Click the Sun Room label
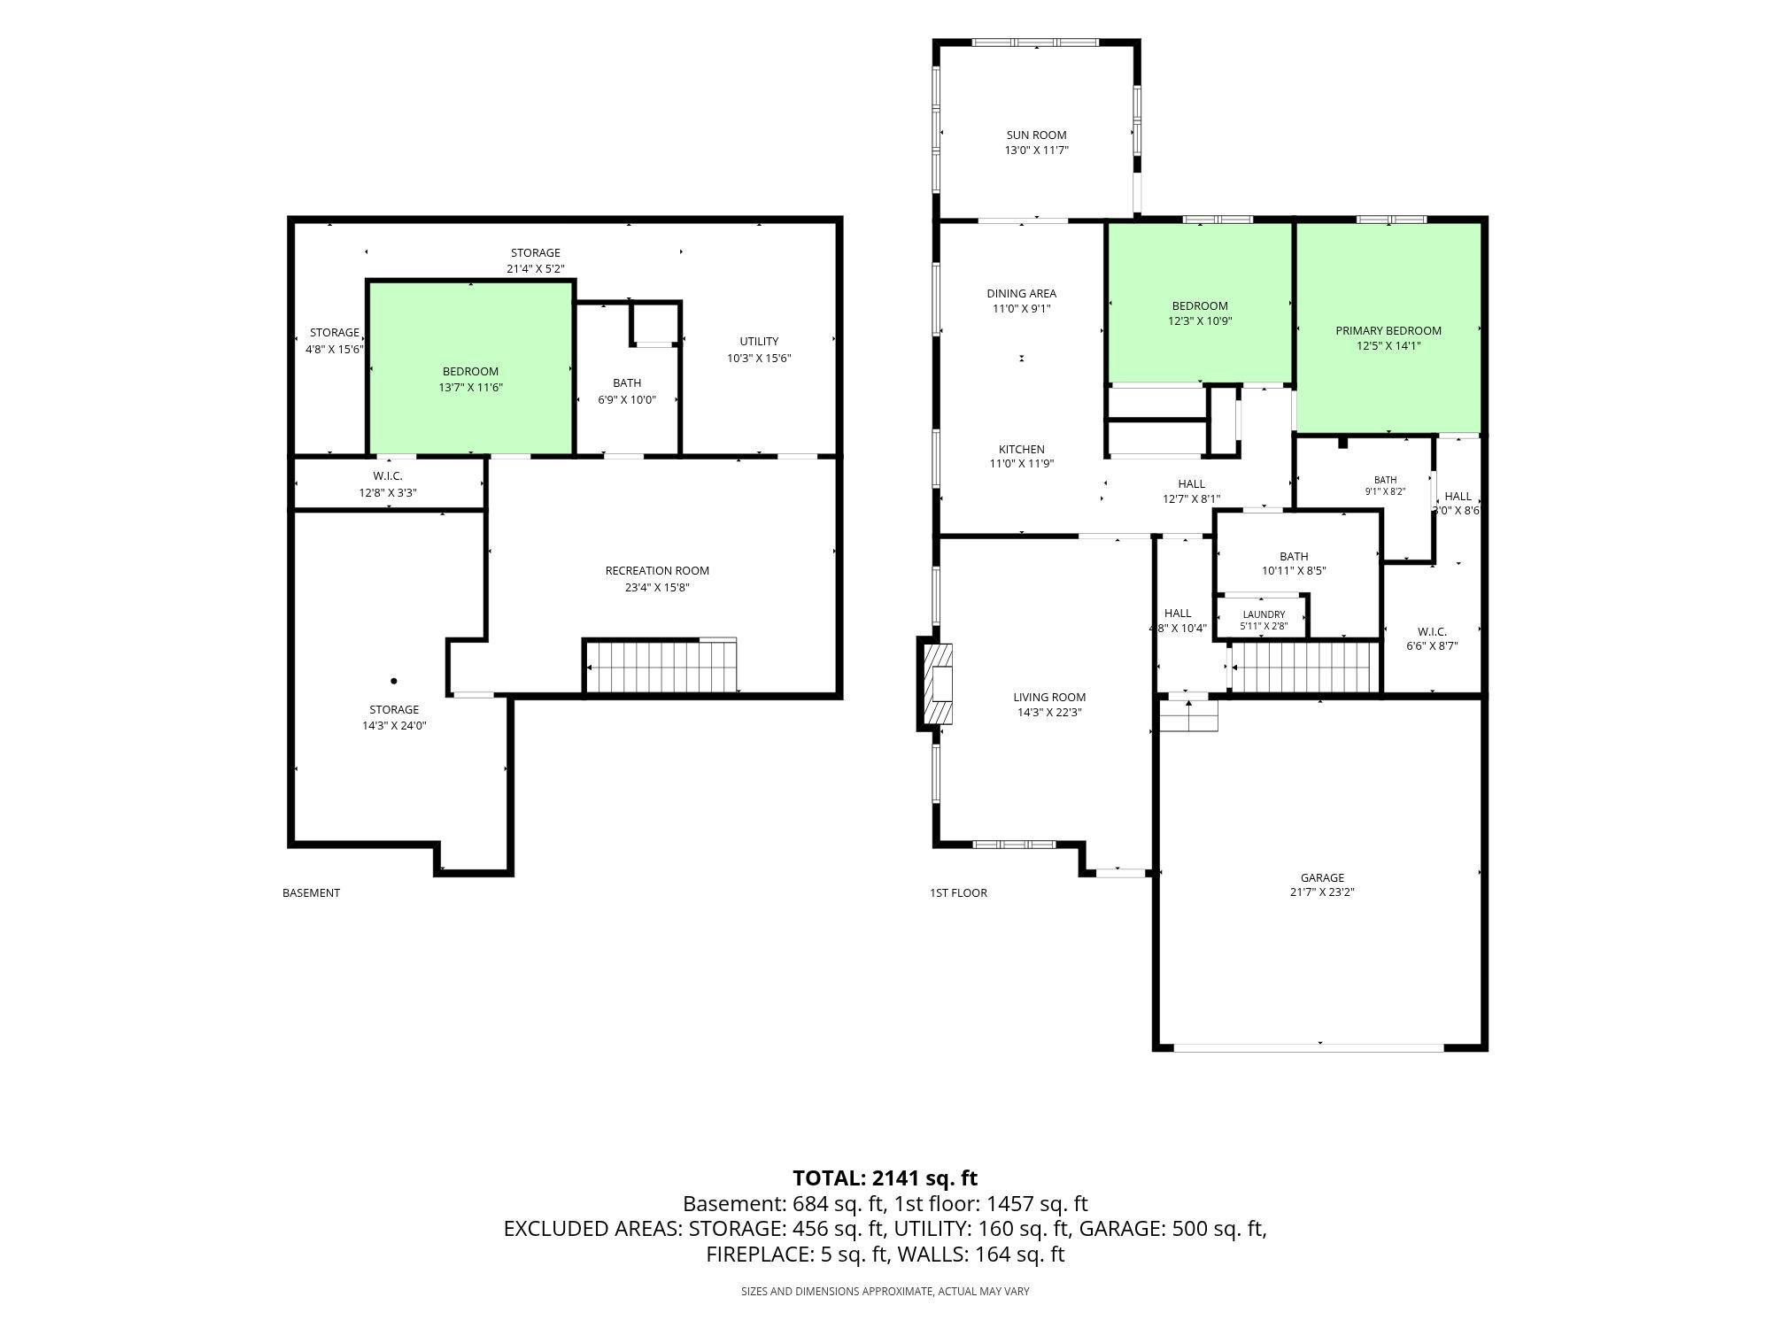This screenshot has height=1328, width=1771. coord(1036,135)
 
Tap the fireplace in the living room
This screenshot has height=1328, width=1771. coord(937,684)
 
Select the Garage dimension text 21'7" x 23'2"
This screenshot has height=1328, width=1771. coord(1322,892)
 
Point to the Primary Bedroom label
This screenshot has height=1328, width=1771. coord(1388,331)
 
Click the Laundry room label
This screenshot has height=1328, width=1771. coord(1264,614)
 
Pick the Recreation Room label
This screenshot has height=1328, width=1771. coord(657,571)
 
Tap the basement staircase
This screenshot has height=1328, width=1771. coord(661,666)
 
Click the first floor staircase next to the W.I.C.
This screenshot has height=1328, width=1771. coord(1305,667)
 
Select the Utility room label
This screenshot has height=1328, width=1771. coord(759,342)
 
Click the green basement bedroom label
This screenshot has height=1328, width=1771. coord(470,372)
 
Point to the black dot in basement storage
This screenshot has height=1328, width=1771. coord(393,681)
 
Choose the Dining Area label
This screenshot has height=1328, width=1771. coord(1022,294)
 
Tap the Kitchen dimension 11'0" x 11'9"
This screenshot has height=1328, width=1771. coord(1022,464)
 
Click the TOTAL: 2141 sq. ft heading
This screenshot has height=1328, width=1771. coord(885,1178)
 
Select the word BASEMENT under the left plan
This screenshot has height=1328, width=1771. coord(311,893)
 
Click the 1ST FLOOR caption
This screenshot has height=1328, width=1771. coord(958,893)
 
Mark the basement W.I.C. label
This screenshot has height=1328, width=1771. coord(388,476)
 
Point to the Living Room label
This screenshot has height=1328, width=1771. coord(1049,698)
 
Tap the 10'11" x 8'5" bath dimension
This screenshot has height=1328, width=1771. coord(1294,571)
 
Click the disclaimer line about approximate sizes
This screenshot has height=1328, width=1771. coord(885,1292)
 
